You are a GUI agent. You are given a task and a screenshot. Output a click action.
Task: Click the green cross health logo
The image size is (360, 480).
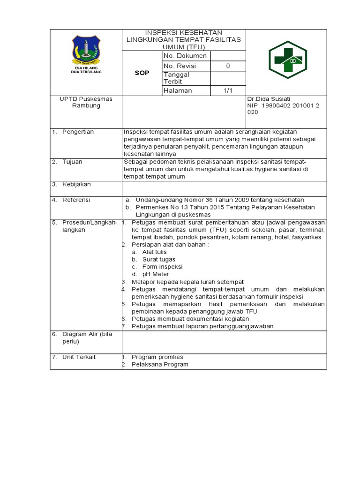286,60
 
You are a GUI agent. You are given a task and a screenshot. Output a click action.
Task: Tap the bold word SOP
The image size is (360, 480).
142,73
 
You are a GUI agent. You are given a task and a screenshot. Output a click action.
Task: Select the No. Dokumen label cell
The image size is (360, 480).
185,56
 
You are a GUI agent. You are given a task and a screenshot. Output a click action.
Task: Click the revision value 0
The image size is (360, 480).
228,66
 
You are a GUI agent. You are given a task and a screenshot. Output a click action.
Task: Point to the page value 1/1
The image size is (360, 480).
228,90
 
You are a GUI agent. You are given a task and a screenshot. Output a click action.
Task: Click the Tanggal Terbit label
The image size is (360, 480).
176,78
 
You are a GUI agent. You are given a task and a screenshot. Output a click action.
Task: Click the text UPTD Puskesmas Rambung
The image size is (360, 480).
86,102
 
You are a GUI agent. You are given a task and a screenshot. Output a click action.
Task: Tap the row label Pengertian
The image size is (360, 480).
78,132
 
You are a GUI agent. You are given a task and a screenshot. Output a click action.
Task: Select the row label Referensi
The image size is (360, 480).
77,200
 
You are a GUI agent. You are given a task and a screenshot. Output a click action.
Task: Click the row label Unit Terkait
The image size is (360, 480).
79,357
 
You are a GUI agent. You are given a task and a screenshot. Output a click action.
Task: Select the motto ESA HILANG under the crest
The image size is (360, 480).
86,67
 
